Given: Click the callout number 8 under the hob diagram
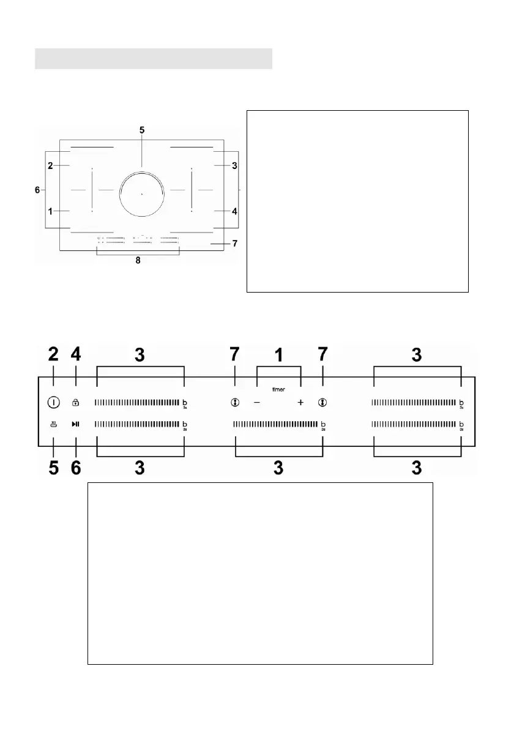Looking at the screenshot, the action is [x=138, y=260].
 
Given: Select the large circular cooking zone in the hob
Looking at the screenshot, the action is [x=141, y=193].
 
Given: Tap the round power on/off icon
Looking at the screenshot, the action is [x=53, y=403].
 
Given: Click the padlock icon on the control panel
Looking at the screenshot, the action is [x=76, y=403].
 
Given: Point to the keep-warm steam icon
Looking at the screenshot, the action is [x=53, y=424].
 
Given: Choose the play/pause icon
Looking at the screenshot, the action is [x=76, y=424].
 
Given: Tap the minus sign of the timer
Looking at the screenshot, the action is [x=257, y=403].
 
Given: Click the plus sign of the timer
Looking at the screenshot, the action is [x=300, y=403].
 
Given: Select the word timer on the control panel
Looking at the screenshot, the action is [x=278, y=389].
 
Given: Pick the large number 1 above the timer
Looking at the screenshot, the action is [x=278, y=355].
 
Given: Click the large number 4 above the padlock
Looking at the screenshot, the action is [x=76, y=355].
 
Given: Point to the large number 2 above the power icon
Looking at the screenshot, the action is [x=53, y=355].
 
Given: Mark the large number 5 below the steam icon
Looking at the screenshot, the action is [x=53, y=468].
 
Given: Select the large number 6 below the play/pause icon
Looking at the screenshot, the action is [x=76, y=468].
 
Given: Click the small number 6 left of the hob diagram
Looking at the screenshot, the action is [x=38, y=190].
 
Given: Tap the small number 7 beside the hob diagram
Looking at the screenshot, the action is [x=234, y=243].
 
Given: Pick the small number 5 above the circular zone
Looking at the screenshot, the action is [x=141, y=130].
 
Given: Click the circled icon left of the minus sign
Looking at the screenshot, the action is [x=234, y=403].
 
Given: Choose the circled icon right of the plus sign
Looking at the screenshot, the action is [x=322, y=403].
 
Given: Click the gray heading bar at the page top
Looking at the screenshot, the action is [x=153, y=59].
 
